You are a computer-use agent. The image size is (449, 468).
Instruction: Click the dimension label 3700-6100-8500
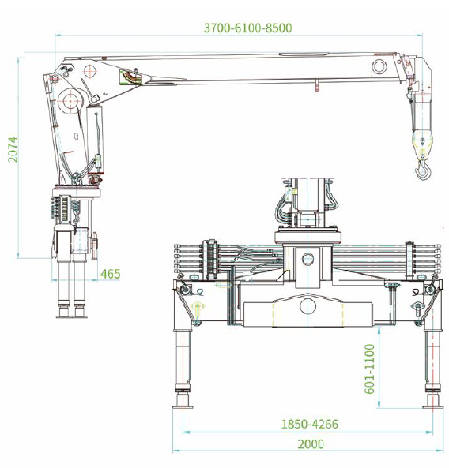coord(247,28)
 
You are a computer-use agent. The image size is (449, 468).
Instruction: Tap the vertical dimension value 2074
coord(13,150)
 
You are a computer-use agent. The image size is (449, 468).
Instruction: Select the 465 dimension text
coord(111,274)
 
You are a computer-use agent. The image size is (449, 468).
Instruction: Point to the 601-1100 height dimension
coord(370,369)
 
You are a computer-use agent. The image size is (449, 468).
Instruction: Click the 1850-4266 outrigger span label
coord(310,424)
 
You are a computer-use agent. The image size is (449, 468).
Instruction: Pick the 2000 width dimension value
coord(311,444)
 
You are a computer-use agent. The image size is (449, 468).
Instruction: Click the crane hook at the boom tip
coord(423,171)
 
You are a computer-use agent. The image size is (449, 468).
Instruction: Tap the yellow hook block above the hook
coord(422,144)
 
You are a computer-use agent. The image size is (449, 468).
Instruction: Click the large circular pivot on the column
coord(70,101)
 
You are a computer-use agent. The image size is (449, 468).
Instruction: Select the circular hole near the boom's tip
coord(379,66)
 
